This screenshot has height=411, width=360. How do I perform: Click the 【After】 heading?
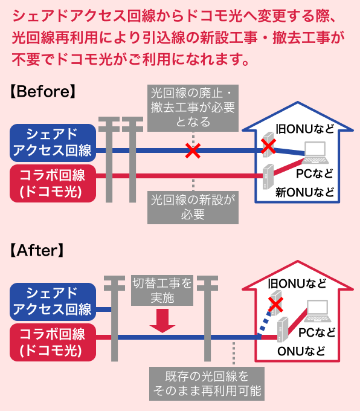[37, 250]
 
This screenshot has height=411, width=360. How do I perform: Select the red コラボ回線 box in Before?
[53, 184]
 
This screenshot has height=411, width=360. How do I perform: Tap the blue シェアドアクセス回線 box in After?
[53, 301]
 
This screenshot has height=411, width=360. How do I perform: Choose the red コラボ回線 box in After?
[53, 342]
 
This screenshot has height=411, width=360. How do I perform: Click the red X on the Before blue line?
[193, 150]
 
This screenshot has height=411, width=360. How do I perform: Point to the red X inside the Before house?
[268, 146]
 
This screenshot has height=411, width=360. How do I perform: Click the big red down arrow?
[162, 320]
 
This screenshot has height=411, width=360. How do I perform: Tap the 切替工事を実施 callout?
[162, 290]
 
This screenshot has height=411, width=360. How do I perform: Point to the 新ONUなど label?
[304, 193]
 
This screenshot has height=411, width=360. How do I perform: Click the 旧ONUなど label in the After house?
[297, 283]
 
